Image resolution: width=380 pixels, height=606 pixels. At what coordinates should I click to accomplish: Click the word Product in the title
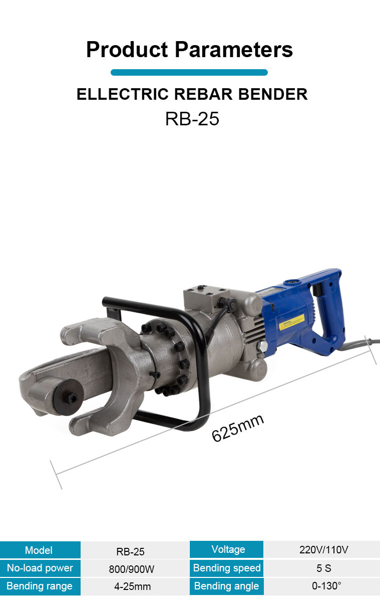point(127,50)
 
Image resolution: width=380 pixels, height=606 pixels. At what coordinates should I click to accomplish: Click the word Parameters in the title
point(234,50)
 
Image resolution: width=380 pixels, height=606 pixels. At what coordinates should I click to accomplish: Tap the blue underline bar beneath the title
point(189,73)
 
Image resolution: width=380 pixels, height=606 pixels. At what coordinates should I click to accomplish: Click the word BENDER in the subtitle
point(273,94)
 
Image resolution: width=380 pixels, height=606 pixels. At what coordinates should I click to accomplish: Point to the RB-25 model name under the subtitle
point(192,118)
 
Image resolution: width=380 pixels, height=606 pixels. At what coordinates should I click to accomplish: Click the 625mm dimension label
point(238,427)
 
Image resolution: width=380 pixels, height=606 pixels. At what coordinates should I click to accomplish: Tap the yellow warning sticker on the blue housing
point(291,322)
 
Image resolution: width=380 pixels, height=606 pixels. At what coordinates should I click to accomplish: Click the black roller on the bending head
point(68,397)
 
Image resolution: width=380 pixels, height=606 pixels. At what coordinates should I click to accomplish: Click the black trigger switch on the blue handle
point(316,290)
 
